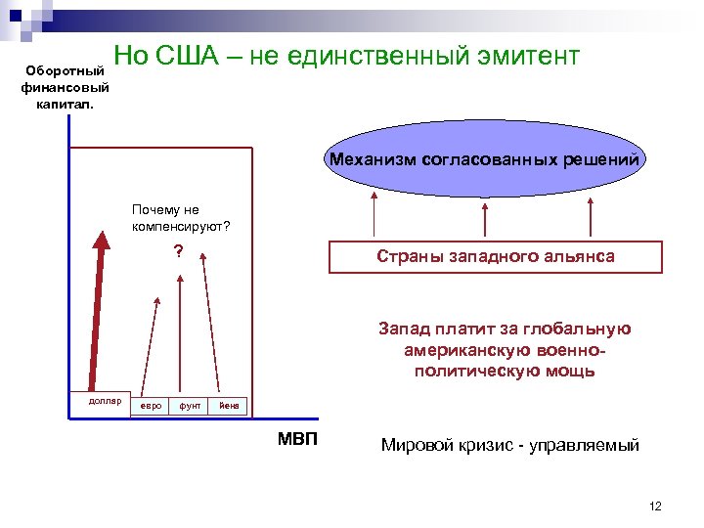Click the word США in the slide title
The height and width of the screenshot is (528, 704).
193,57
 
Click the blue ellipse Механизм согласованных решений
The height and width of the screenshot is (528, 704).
485,158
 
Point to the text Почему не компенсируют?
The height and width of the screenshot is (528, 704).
180,218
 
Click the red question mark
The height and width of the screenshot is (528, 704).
178,251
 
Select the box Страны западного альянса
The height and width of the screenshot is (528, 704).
495,256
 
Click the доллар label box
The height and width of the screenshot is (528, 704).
99,402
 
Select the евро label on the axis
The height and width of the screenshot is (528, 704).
152,405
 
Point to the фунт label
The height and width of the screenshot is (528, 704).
190,405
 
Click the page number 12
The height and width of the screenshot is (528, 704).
655,506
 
